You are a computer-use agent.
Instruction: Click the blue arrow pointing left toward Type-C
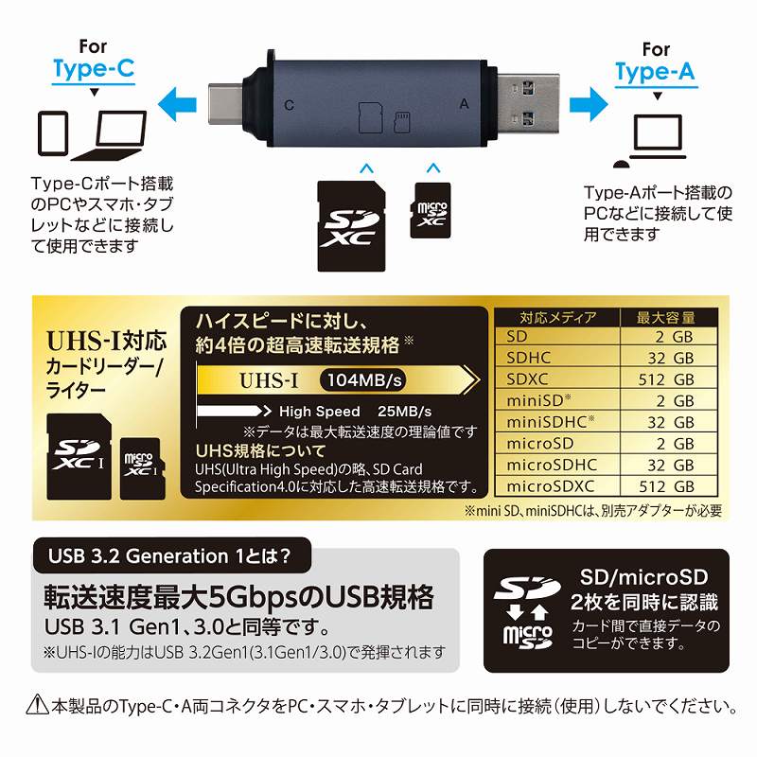coord(177,104)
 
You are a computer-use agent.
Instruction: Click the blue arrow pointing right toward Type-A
coord(589,104)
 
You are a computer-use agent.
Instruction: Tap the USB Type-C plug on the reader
coord(225,105)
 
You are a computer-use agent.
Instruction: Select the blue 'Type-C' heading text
coord(94,68)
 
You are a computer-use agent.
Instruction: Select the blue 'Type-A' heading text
coord(656,72)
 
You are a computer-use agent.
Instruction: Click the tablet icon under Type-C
coord(53,133)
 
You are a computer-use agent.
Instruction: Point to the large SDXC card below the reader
coord(351,226)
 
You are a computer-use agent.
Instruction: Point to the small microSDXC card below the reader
coord(431,210)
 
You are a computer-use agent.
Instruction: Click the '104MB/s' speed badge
coord(364,380)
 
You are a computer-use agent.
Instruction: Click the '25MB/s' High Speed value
coord(405,412)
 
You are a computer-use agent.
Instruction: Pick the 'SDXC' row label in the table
coord(527,379)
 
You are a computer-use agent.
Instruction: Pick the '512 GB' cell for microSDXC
coord(666,486)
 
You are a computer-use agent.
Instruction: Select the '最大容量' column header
coord(666,318)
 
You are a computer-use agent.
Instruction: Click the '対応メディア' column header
coord(558,318)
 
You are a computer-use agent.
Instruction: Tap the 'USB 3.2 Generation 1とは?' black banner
coord(172,555)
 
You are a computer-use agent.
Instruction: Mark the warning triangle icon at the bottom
coord(37,704)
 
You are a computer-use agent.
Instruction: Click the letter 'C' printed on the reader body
coord(290,105)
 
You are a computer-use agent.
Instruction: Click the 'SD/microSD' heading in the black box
coord(644,577)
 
